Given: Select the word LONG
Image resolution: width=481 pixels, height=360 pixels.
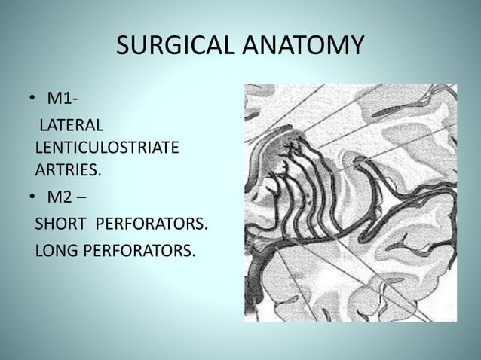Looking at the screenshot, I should pos(56,249).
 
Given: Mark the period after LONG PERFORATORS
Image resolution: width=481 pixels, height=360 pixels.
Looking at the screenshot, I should pos(193,255).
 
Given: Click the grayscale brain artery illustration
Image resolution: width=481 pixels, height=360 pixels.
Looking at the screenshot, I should pos(351,203).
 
